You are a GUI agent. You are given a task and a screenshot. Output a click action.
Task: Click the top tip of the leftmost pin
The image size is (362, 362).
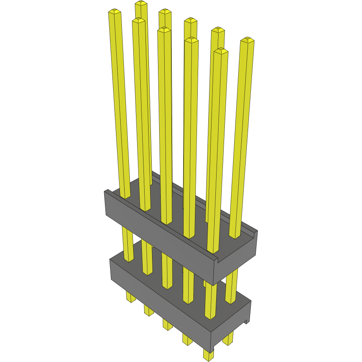[x=114, y=12]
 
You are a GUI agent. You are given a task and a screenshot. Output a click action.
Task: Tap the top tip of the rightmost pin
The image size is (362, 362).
[x=247, y=40]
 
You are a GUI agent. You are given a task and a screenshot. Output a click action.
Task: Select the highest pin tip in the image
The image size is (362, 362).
[x=141, y=4]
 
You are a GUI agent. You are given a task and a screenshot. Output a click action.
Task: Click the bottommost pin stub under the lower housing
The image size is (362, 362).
[x=208, y=355]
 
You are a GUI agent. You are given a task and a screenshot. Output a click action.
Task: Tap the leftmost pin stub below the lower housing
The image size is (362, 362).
[x=131, y=296]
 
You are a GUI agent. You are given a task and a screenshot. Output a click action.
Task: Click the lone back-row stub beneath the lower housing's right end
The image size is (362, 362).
[x=228, y=338]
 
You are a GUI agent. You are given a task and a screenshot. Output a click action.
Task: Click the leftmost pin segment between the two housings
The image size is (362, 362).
[x=128, y=244]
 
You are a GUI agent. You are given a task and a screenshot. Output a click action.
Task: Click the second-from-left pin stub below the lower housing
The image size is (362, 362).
[x=149, y=311]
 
